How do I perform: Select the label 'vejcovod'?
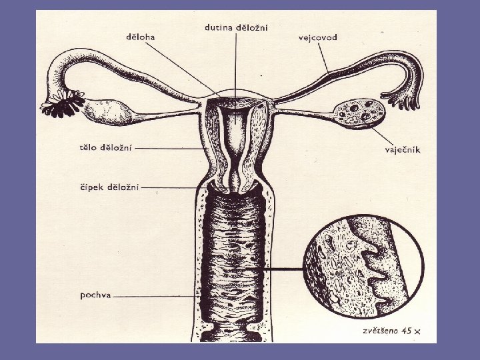point(317,37)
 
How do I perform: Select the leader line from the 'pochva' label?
point(153,295)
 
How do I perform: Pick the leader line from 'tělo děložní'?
point(173,148)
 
